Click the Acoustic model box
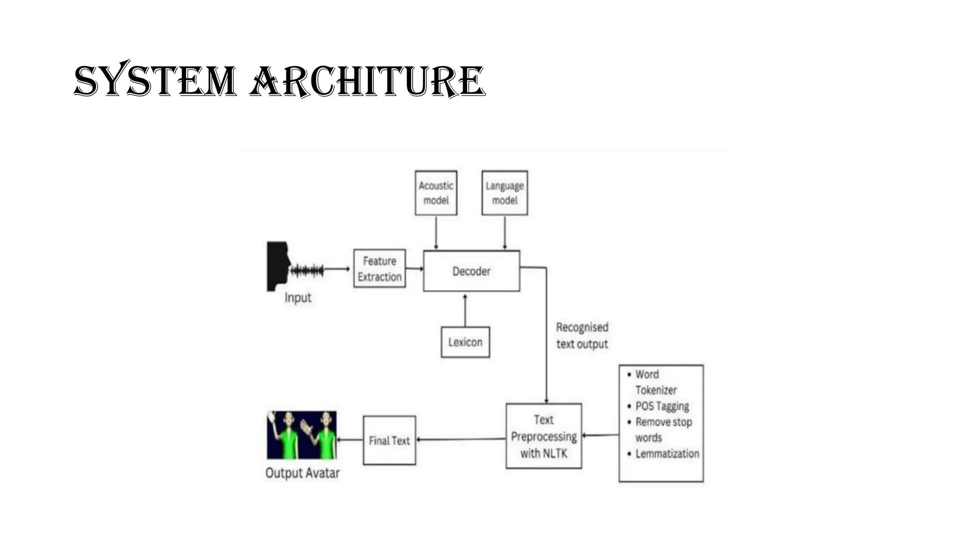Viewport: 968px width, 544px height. coord(436,193)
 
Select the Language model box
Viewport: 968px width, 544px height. coord(505,193)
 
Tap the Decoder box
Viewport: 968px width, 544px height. coord(472,271)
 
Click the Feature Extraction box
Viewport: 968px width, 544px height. coord(380,269)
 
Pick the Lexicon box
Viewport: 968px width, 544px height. coord(466,342)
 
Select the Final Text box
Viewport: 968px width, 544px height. coord(389,441)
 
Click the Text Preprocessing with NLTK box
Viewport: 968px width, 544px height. coord(544,436)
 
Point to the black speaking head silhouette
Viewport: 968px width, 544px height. coord(278,266)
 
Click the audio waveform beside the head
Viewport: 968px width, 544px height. coord(307,271)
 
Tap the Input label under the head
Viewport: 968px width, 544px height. coord(298,298)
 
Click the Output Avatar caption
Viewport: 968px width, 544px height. coord(302,473)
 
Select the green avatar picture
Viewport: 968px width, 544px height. coord(302,435)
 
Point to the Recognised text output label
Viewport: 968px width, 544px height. coord(582,336)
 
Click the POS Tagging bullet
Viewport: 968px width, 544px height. coord(658,406)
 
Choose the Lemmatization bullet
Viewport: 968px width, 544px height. coord(663,454)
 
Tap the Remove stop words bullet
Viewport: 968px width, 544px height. coord(660,430)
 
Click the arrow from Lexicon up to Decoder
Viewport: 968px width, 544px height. coord(465,310)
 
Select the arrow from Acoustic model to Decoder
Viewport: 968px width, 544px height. coord(436,232)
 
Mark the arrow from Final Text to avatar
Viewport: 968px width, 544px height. coord(350,440)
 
